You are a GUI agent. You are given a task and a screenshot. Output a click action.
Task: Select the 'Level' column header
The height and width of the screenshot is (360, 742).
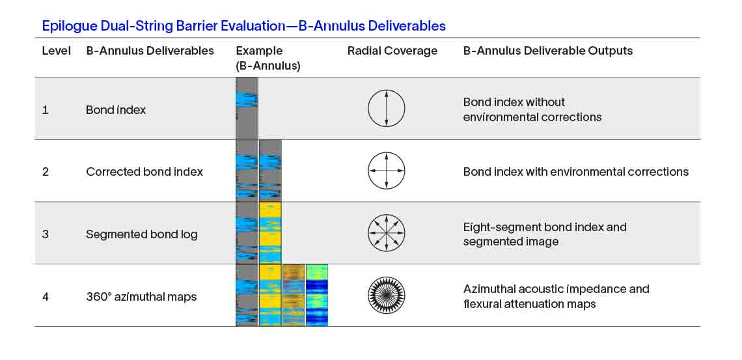(57, 51)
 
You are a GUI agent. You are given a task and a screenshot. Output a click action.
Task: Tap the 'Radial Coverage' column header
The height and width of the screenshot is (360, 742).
(392, 51)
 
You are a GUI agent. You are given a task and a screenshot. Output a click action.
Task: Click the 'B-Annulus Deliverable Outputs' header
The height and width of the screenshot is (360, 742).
(547, 51)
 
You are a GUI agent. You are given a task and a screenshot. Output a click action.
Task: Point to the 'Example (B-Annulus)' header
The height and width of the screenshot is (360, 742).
(268, 58)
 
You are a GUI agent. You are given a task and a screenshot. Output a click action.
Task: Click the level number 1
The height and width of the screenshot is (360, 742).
(46, 110)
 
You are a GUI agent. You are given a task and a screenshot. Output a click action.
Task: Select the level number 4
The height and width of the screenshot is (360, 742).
(46, 297)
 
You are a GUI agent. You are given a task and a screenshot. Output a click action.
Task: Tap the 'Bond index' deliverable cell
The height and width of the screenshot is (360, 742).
(116, 110)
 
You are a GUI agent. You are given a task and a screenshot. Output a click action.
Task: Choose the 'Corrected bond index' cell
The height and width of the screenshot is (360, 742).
(144, 172)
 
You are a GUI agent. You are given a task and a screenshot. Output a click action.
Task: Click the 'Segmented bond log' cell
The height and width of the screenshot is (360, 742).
(142, 234)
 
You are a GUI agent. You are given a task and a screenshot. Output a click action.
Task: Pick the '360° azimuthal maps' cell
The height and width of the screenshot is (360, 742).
(141, 297)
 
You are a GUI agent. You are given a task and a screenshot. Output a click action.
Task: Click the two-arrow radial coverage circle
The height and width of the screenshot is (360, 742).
(387, 108)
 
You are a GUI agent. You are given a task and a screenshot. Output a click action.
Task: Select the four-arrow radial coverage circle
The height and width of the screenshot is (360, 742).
(387, 171)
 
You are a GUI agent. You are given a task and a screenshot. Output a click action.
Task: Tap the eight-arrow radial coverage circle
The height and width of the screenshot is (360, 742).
(387, 233)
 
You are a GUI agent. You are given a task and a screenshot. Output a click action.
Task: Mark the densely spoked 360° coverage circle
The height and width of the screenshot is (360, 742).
(387, 296)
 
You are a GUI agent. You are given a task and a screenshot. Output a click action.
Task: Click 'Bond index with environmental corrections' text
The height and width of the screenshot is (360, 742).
(575, 172)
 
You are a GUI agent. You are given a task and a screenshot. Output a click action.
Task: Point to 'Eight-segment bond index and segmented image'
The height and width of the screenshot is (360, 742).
(545, 234)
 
